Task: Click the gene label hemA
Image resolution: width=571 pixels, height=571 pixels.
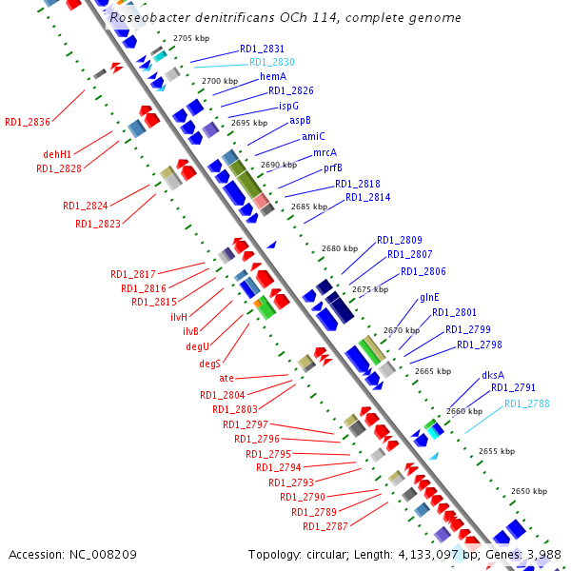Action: click(x=273, y=76)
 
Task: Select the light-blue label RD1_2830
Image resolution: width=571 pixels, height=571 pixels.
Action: click(x=272, y=62)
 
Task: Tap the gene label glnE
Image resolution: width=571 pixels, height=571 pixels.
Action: click(x=429, y=298)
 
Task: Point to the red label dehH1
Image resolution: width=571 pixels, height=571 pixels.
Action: click(x=57, y=154)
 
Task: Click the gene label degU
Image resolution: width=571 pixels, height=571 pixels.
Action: click(x=198, y=347)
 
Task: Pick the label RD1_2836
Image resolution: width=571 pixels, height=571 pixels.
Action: click(x=28, y=121)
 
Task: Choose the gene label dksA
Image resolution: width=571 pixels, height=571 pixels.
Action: click(x=493, y=374)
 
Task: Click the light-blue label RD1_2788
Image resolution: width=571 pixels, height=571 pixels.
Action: click(x=526, y=404)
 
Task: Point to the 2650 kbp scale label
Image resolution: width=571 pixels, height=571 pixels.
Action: click(x=528, y=492)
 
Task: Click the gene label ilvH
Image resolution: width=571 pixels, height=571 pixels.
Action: click(x=179, y=316)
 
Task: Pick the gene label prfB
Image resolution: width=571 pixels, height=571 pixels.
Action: click(x=333, y=167)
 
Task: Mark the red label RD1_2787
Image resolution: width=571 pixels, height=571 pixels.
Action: click(x=325, y=526)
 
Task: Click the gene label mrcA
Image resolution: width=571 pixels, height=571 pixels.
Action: click(x=325, y=152)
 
